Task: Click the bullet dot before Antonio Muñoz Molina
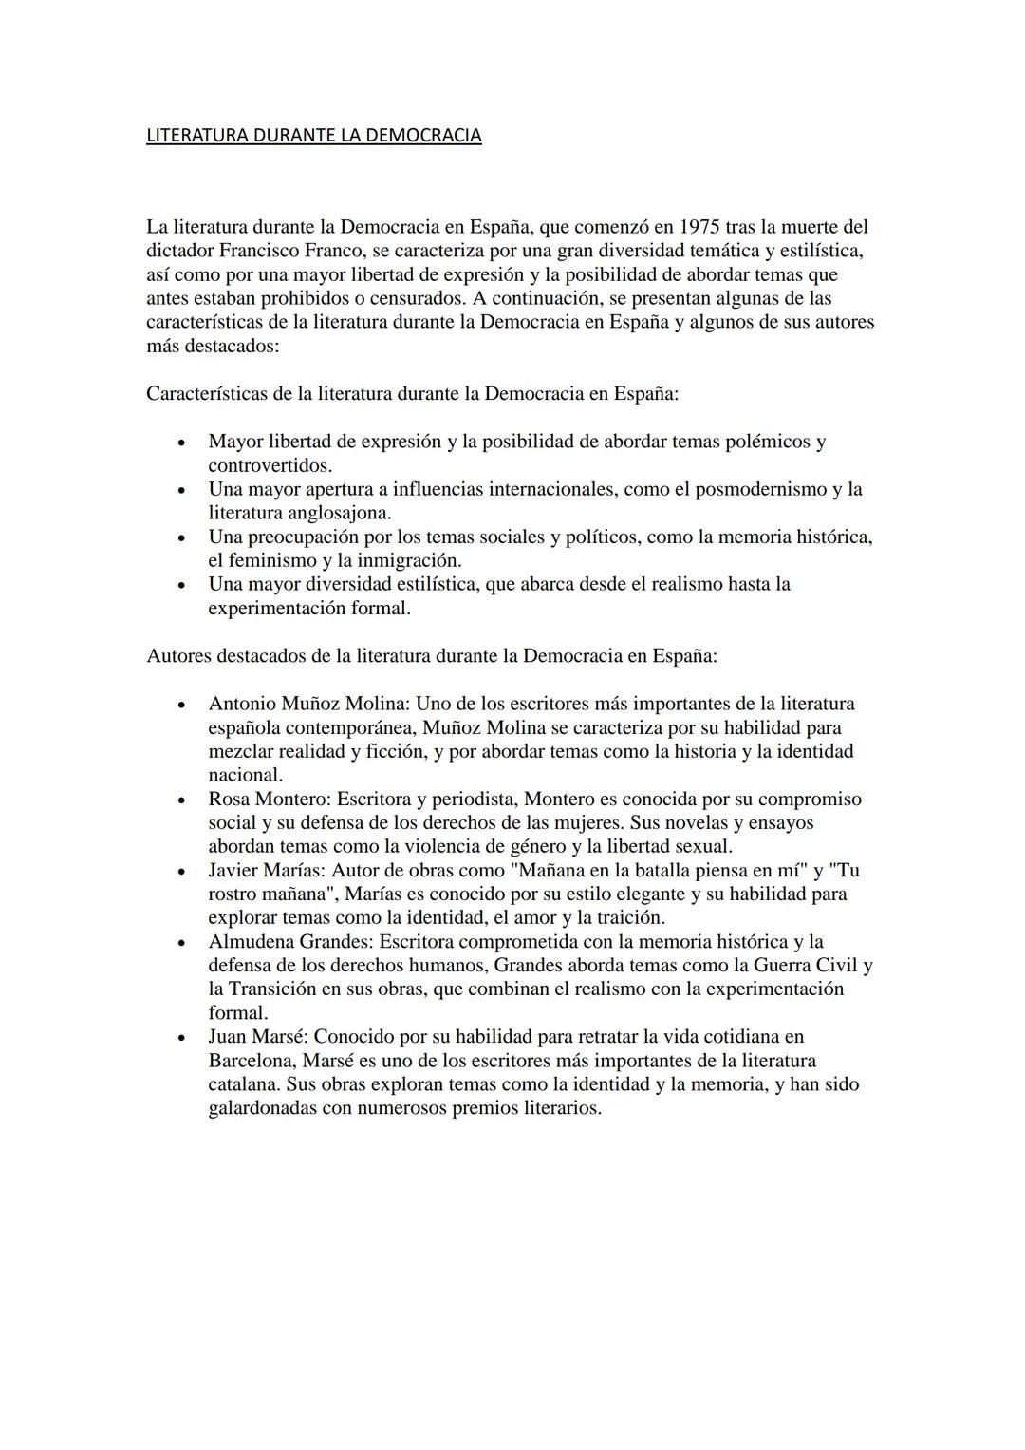(180, 705)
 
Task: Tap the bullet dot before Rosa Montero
(180, 800)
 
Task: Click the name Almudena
(251, 941)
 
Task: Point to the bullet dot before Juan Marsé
(180, 1037)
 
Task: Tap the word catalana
(245, 1083)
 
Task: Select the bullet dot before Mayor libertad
(180, 443)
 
